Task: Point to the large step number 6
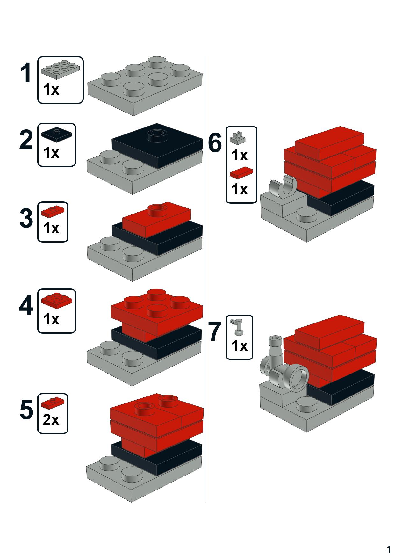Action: pos(215,143)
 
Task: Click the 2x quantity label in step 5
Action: pos(51,420)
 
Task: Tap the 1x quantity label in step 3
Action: pos(51,228)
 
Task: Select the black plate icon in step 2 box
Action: pos(56,134)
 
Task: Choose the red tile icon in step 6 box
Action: pos(241,172)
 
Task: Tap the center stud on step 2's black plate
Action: pos(156,134)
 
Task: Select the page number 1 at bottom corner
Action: pos(388,549)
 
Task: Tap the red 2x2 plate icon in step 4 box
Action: pos(56,299)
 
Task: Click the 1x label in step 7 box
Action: pos(240,345)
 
